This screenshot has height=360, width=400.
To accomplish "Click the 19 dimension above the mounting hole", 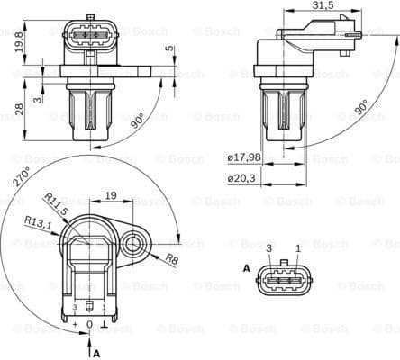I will (110, 194).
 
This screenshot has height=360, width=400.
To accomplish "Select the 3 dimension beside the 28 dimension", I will (37, 99).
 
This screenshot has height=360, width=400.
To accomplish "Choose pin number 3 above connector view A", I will (268, 247).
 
